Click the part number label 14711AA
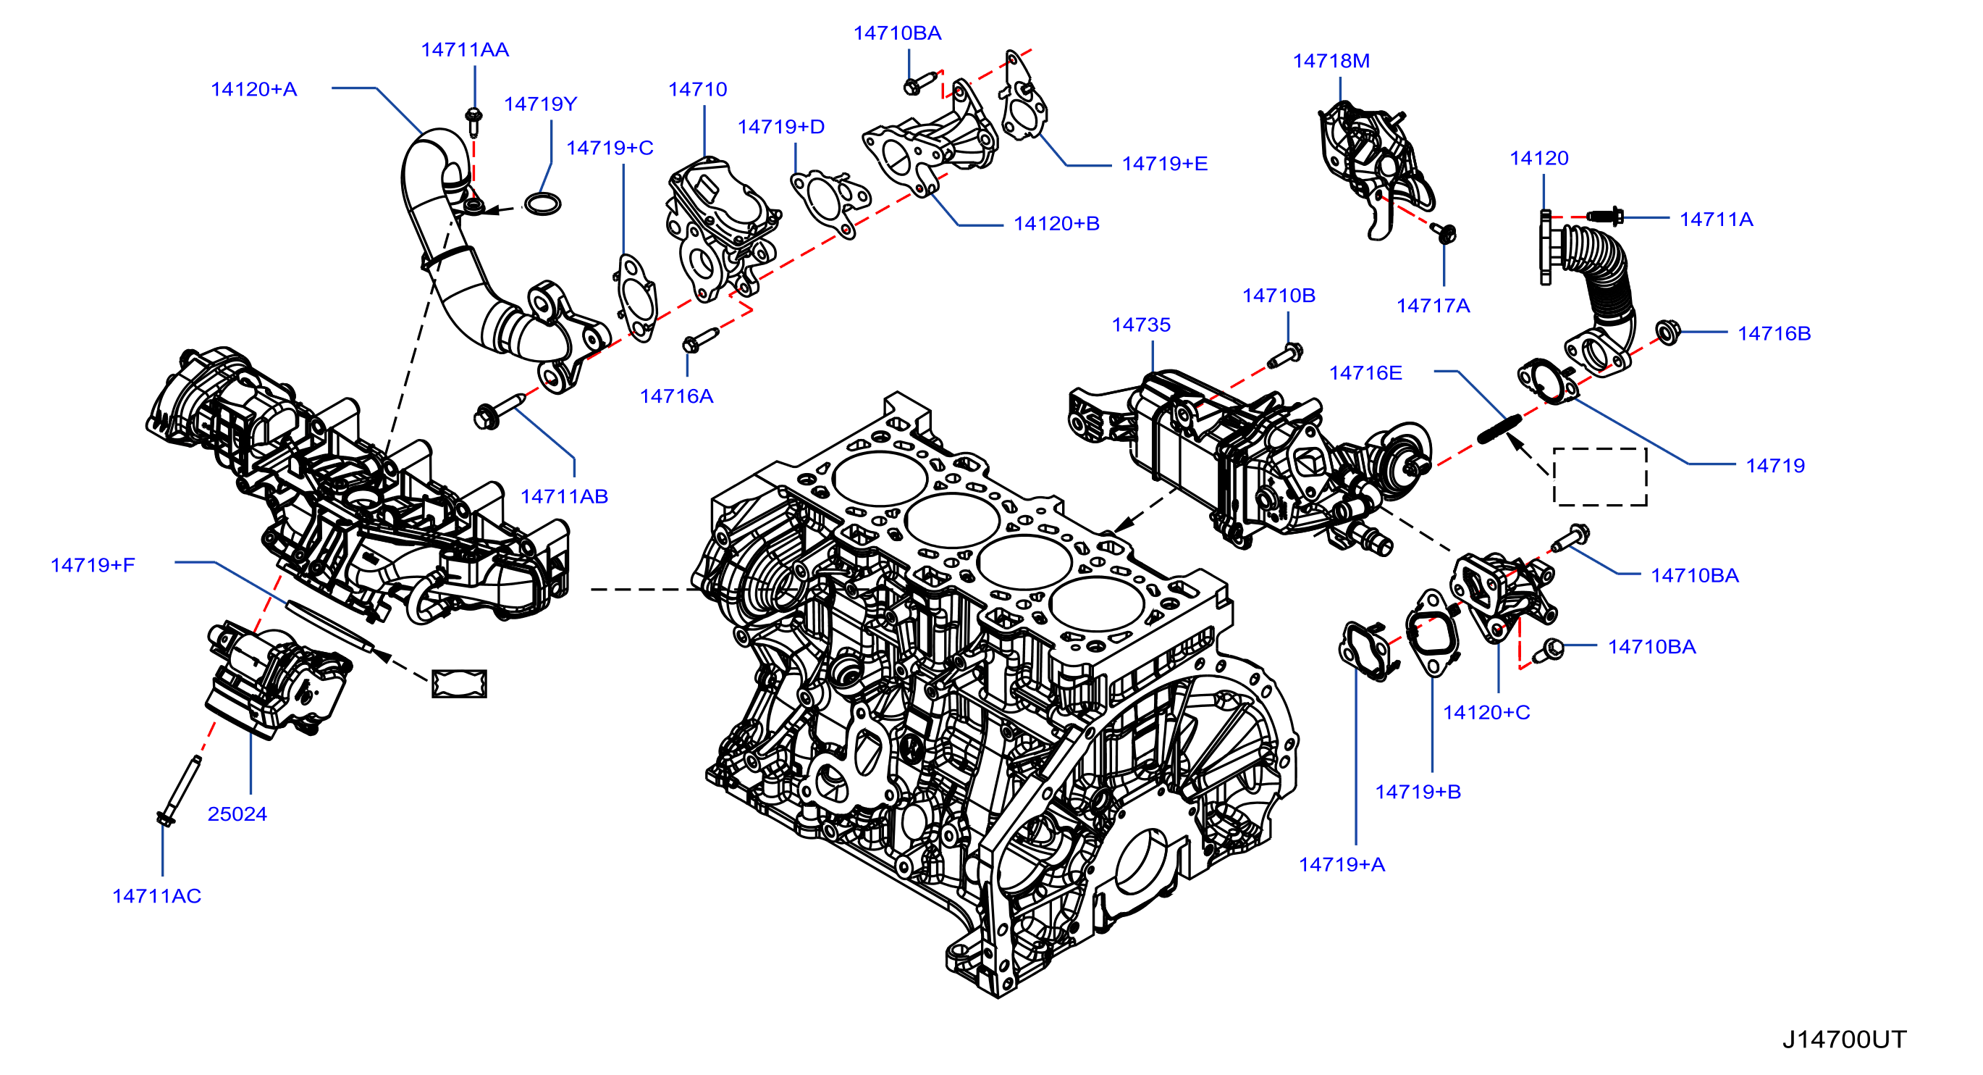click(x=464, y=50)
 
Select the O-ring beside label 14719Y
click(x=542, y=204)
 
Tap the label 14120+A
click(x=254, y=89)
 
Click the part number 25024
click(x=237, y=814)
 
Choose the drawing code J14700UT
click(x=1844, y=1040)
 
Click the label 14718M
click(x=1331, y=61)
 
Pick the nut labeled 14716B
click(x=1667, y=332)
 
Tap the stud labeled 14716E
click(x=1498, y=429)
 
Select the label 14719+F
click(x=93, y=565)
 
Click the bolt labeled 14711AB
click(x=500, y=411)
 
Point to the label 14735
click(x=1141, y=325)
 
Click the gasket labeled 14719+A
click(x=1367, y=651)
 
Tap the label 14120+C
click(x=1486, y=712)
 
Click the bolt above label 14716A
click(x=700, y=340)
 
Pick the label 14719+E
click(x=1164, y=164)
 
